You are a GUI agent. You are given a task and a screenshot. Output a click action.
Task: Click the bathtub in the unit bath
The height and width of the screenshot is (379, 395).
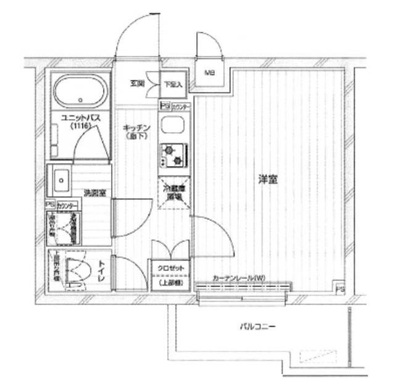[x=80, y=91]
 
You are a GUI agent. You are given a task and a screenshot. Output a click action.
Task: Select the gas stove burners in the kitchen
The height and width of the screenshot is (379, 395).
[x=173, y=154]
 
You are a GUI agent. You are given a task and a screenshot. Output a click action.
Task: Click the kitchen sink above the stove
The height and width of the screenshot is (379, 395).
[x=171, y=127]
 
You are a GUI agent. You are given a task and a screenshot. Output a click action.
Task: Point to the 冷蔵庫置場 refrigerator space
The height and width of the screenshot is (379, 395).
[x=172, y=193]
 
